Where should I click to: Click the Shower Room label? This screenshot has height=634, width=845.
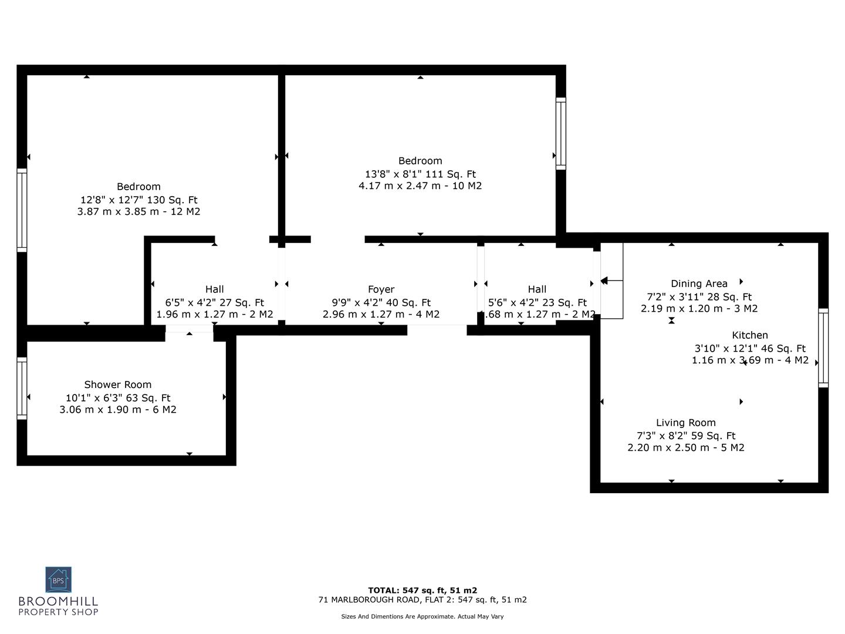tap(118, 385)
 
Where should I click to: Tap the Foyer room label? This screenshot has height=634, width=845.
tap(381, 289)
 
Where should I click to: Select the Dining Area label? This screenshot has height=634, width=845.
tap(699, 284)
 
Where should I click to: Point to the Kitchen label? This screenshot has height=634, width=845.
tap(749, 335)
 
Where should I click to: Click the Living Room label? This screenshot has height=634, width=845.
tap(685, 423)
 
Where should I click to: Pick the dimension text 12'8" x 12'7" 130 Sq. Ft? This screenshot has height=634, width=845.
tap(138, 200)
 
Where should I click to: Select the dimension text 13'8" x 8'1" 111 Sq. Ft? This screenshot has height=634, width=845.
tap(420, 174)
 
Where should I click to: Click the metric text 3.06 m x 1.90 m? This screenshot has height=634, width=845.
tap(118, 410)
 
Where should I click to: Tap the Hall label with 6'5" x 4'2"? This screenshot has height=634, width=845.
tap(214, 289)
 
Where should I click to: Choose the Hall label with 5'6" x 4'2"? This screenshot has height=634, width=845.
tap(536, 289)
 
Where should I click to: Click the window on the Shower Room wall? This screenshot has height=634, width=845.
tap(22, 388)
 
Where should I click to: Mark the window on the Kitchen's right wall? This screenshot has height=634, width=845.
tap(823, 348)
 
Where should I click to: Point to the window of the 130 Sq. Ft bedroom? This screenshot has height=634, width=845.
tap(22, 210)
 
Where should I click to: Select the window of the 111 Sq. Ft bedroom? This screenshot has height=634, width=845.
tap(561, 134)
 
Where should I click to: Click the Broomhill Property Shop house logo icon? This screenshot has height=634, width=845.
tap(59, 580)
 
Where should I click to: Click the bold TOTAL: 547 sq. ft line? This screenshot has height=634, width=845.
tap(422, 591)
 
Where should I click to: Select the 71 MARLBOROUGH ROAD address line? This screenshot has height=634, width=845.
tap(422, 600)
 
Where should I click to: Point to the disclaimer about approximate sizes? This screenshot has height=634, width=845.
tap(422, 616)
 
